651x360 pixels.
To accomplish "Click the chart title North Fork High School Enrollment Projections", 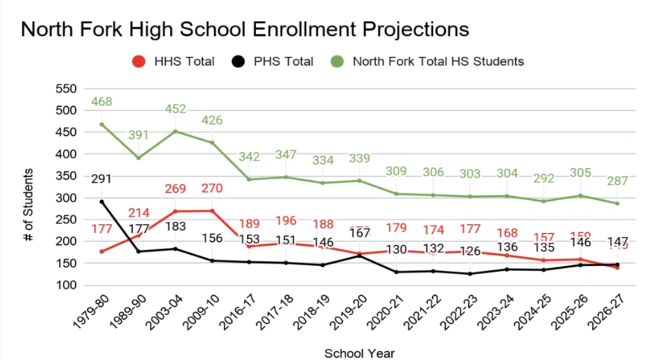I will (x=244, y=29).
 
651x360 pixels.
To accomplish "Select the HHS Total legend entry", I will (x=183, y=61).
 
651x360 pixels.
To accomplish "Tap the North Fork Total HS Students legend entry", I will (x=437, y=61).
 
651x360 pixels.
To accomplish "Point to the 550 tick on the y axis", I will (x=67, y=89).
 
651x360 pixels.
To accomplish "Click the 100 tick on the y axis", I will (x=67, y=285).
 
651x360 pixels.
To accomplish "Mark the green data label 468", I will (x=102, y=102).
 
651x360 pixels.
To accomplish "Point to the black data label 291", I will (x=102, y=179).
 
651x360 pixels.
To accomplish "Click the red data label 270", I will (x=211, y=187).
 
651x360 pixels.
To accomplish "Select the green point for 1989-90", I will (x=138, y=158).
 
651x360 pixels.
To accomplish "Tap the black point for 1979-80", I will (x=102, y=202).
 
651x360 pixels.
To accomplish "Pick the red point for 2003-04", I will (x=175, y=211).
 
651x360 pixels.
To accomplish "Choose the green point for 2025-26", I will (x=579, y=196).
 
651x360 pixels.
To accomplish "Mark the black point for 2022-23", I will (x=469, y=273).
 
